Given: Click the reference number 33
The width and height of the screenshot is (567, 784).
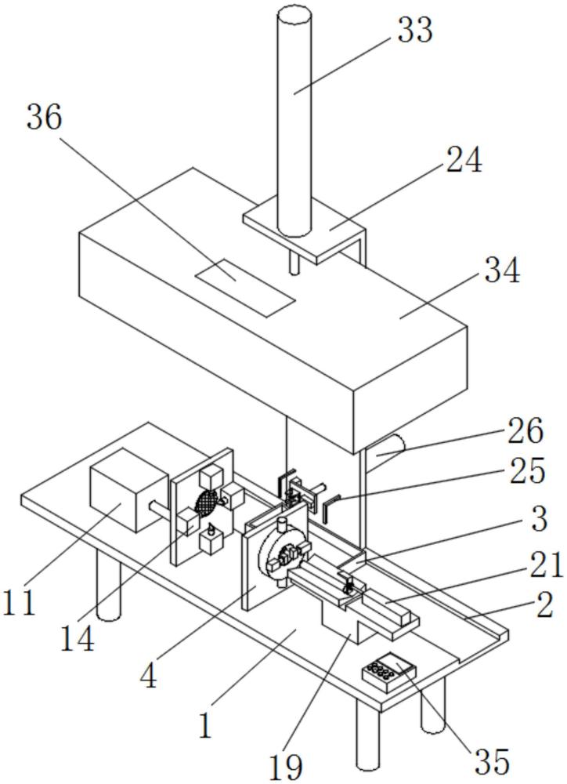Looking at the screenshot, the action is tap(414, 30).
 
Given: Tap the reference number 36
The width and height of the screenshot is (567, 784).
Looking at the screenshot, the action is tap(44, 118).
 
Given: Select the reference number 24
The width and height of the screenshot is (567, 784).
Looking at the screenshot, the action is tap(464, 160).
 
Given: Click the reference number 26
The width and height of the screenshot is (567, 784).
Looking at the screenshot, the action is tap(525, 430).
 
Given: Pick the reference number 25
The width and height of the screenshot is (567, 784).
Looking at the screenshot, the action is tap(527, 470).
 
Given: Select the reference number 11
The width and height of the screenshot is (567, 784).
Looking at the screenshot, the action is tap(19, 601).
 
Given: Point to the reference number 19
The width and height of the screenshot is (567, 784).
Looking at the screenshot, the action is tap(286, 765).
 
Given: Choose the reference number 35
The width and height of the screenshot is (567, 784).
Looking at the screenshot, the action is tap(492, 761).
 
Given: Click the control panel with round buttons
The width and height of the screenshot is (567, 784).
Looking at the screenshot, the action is tap(389, 672).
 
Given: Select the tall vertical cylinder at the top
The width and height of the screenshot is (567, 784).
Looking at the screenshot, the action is tap(294, 120).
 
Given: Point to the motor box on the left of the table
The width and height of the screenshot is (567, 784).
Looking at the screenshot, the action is tap(129, 491).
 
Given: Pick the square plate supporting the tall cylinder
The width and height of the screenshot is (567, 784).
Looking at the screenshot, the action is tap(304, 228).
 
